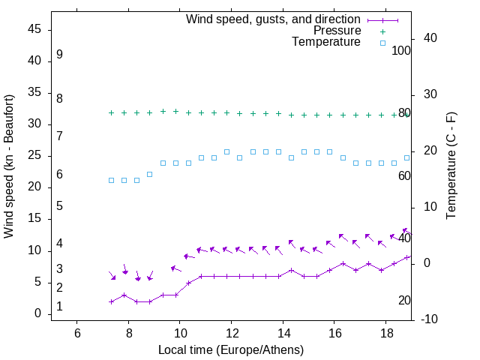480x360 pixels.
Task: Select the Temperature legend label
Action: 326,42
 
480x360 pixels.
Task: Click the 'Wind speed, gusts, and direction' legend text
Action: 273,19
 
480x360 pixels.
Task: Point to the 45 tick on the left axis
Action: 34,30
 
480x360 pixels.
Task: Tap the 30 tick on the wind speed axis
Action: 34,124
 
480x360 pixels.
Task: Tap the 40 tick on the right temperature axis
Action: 430,38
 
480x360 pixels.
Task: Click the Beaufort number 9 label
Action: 59,55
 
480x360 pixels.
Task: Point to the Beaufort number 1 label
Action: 59,307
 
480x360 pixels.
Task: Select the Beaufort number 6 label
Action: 59,175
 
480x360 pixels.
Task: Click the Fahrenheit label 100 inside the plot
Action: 401,50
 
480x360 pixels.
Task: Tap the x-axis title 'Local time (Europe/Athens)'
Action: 231,349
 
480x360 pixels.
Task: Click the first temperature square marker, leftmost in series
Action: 111,180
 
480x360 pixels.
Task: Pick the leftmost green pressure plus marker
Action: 111,112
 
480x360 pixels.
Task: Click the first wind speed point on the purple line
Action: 111,301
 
